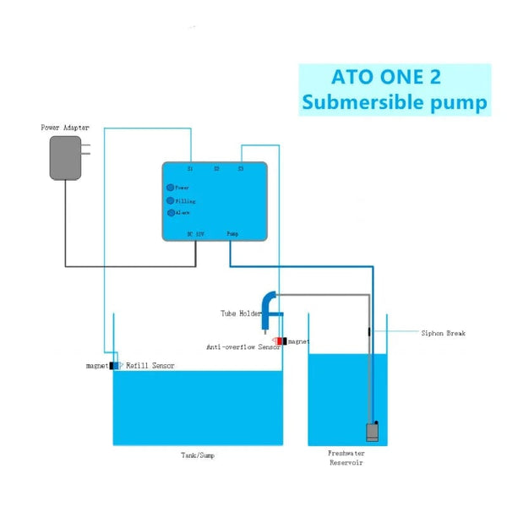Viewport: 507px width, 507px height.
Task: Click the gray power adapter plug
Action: (x=65, y=158)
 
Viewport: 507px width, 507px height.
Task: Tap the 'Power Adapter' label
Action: (x=65, y=128)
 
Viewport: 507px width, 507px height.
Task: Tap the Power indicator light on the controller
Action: (x=170, y=188)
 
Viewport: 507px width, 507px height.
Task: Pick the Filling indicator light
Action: (x=170, y=200)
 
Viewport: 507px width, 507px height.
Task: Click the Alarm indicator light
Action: (x=170, y=212)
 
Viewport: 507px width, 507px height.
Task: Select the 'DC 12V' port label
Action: (x=195, y=232)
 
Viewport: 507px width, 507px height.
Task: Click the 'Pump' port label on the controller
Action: (x=232, y=232)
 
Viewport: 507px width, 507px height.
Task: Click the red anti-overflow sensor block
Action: (x=278, y=341)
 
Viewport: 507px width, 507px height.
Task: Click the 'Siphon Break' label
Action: (x=444, y=333)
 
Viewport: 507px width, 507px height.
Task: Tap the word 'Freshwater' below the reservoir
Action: (x=346, y=454)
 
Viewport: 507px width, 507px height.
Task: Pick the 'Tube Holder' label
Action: (x=241, y=313)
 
